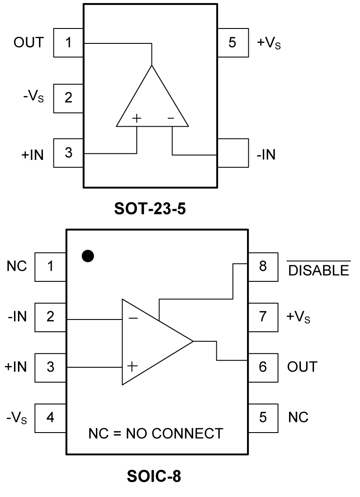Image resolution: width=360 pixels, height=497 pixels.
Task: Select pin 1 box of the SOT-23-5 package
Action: (68, 43)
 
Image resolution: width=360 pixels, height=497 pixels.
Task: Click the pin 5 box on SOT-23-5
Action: (233, 43)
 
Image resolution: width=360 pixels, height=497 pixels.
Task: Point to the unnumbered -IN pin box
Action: (233, 153)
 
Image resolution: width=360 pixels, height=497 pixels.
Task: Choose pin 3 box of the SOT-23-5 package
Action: (68, 153)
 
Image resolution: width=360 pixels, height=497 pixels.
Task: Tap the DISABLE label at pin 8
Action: (318, 270)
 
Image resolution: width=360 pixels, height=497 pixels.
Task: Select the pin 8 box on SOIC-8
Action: (262, 266)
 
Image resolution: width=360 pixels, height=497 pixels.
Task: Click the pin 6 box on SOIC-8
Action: (262, 366)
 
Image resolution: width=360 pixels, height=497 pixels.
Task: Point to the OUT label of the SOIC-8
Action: (302, 366)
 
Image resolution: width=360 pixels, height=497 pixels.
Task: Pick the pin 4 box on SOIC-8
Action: (50, 417)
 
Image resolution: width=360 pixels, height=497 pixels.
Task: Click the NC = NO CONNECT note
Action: (155, 433)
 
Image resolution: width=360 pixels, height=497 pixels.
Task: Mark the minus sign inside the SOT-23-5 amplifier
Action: (171, 118)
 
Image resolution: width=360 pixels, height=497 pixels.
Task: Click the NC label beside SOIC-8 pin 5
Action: (298, 417)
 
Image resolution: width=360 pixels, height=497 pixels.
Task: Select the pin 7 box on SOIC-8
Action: (262, 316)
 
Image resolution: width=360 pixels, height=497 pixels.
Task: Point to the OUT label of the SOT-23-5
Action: (29, 43)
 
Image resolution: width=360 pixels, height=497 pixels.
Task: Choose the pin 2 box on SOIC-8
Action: (50, 316)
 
